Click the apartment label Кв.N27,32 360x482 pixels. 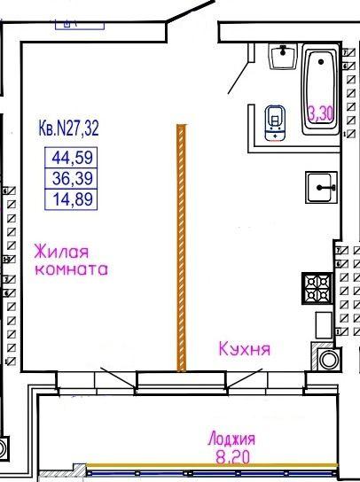point(68,128)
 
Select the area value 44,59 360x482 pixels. point(72,158)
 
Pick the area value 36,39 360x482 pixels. point(73,178)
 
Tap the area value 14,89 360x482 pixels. point(73,198)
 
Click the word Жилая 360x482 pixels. point(61,252)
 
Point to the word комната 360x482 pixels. point(72,269)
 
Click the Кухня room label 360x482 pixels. point(245,349)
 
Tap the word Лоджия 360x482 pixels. point(231,439)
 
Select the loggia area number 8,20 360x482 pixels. point(232,457)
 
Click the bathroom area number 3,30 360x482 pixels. point(321,114)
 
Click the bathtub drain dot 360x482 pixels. point(321,62)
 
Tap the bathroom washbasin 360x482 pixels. point(283,56)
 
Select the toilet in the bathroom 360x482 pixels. point(275,123)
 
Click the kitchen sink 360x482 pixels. point(321,187)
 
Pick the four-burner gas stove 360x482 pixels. point(317,288)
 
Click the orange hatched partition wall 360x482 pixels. point(182,248)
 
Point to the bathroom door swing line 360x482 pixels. point(238,78)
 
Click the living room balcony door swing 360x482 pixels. point(118,378)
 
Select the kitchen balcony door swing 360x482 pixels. point(245,378)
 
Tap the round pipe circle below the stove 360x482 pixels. point(329,360)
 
